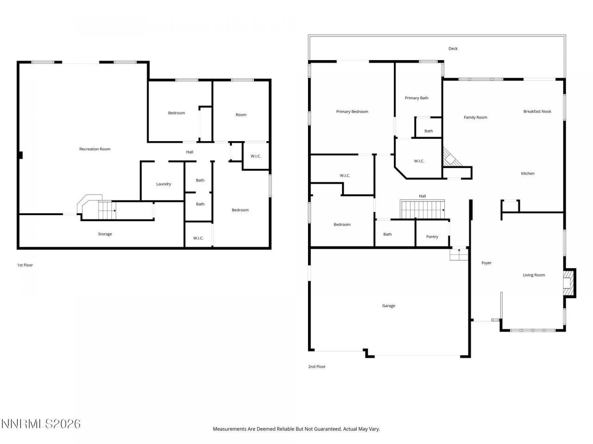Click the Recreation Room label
tap(95, 149)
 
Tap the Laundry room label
tap(164, 184)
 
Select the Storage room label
tap(105, 234)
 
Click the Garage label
tap(388, 306)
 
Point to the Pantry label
tap(432, 237)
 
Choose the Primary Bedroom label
tap(352, 111)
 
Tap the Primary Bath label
tap(416, 98)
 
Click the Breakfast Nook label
tap(537, 111)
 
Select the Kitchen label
tap(527, 173)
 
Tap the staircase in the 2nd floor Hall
tap(422, 210)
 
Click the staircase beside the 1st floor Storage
tap(107, 210)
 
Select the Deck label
tap(453, 49)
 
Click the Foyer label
tap(486, 263)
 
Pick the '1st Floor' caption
tap(25, 265)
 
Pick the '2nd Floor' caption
tap(317, 367)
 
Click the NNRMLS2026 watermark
tap(41, 424)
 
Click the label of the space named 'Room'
tap(241, 115)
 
